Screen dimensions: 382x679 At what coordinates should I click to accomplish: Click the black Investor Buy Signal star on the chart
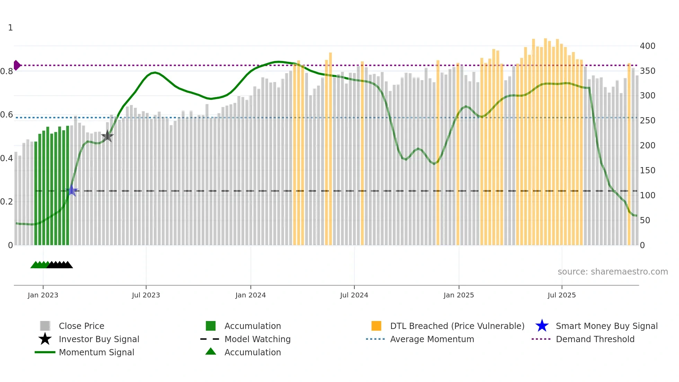pyautogui.click(x=107, y=136)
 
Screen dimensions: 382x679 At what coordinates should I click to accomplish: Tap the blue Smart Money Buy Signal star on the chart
pyautogui.click(x=72, y=191)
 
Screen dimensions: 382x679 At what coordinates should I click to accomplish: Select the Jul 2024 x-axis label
pyautogui.click(x=354, y=295)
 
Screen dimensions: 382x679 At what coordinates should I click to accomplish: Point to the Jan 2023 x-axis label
pyautogui.click(x=43, y=295)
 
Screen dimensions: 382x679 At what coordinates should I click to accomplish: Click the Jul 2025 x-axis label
pyautogui.click(x=562, y=295)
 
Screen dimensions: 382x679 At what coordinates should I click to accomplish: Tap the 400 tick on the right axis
pyautogui.click(x=647, y=46)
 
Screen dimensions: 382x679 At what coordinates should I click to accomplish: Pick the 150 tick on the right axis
pyautogui.click(x=647, y=170)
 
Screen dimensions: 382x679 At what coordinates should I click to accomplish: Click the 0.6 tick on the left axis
pyautogui.click(x=7, y=115)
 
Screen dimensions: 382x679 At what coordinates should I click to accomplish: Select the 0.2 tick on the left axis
pyautogui.click(x=7, y=202)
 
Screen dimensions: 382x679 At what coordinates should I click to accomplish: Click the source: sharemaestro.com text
pyautogui.click(x=612, y=271)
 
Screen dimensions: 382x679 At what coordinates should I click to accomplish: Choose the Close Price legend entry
pyautogui.click(x=81, y=326)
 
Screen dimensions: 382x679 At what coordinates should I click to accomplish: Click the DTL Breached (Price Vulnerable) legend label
pyautogui.click(x=457, y=326)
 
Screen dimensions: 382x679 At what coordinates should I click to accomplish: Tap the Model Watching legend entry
pyautogui.click(x=257, y=339)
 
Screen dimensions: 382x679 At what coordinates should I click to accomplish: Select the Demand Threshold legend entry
pyautogui.click(x=595, y=339)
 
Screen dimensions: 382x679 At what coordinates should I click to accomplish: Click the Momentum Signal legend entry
pyautogui.click(x=96, y=352)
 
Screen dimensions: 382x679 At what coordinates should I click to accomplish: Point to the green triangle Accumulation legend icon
pyautogui.click(x=211, y=351)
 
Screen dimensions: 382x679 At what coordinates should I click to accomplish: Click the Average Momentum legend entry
pyautogui.click(x=432, y=339)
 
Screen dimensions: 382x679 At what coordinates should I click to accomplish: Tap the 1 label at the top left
pyautogui.click(x=10, y=28)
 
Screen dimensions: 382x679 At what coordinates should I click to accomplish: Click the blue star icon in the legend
pyautogui.click(x=542, y=326)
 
